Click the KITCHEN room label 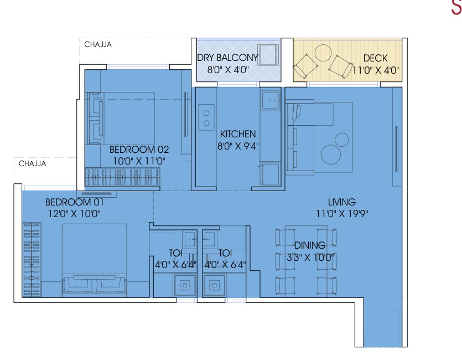click(238, 134)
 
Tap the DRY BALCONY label click(227, 58)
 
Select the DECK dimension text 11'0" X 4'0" click(375, 70)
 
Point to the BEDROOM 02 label click(139, 150)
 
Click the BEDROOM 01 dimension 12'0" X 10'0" click(74, 213)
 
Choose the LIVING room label click(342, 202)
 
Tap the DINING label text click(310, 245)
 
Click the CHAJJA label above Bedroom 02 click(98, 44)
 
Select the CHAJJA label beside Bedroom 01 click(33, 163)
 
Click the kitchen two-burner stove click(206, 117)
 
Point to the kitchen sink click(271, 100)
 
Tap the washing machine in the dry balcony click(268, 55)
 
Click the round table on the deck click(324, 53)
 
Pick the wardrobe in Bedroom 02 click(122, 177)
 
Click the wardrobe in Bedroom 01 click(32, 259)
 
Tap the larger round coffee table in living click(331, 154)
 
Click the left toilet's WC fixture click(184, 285)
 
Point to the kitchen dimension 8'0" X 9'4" click(238, 146)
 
